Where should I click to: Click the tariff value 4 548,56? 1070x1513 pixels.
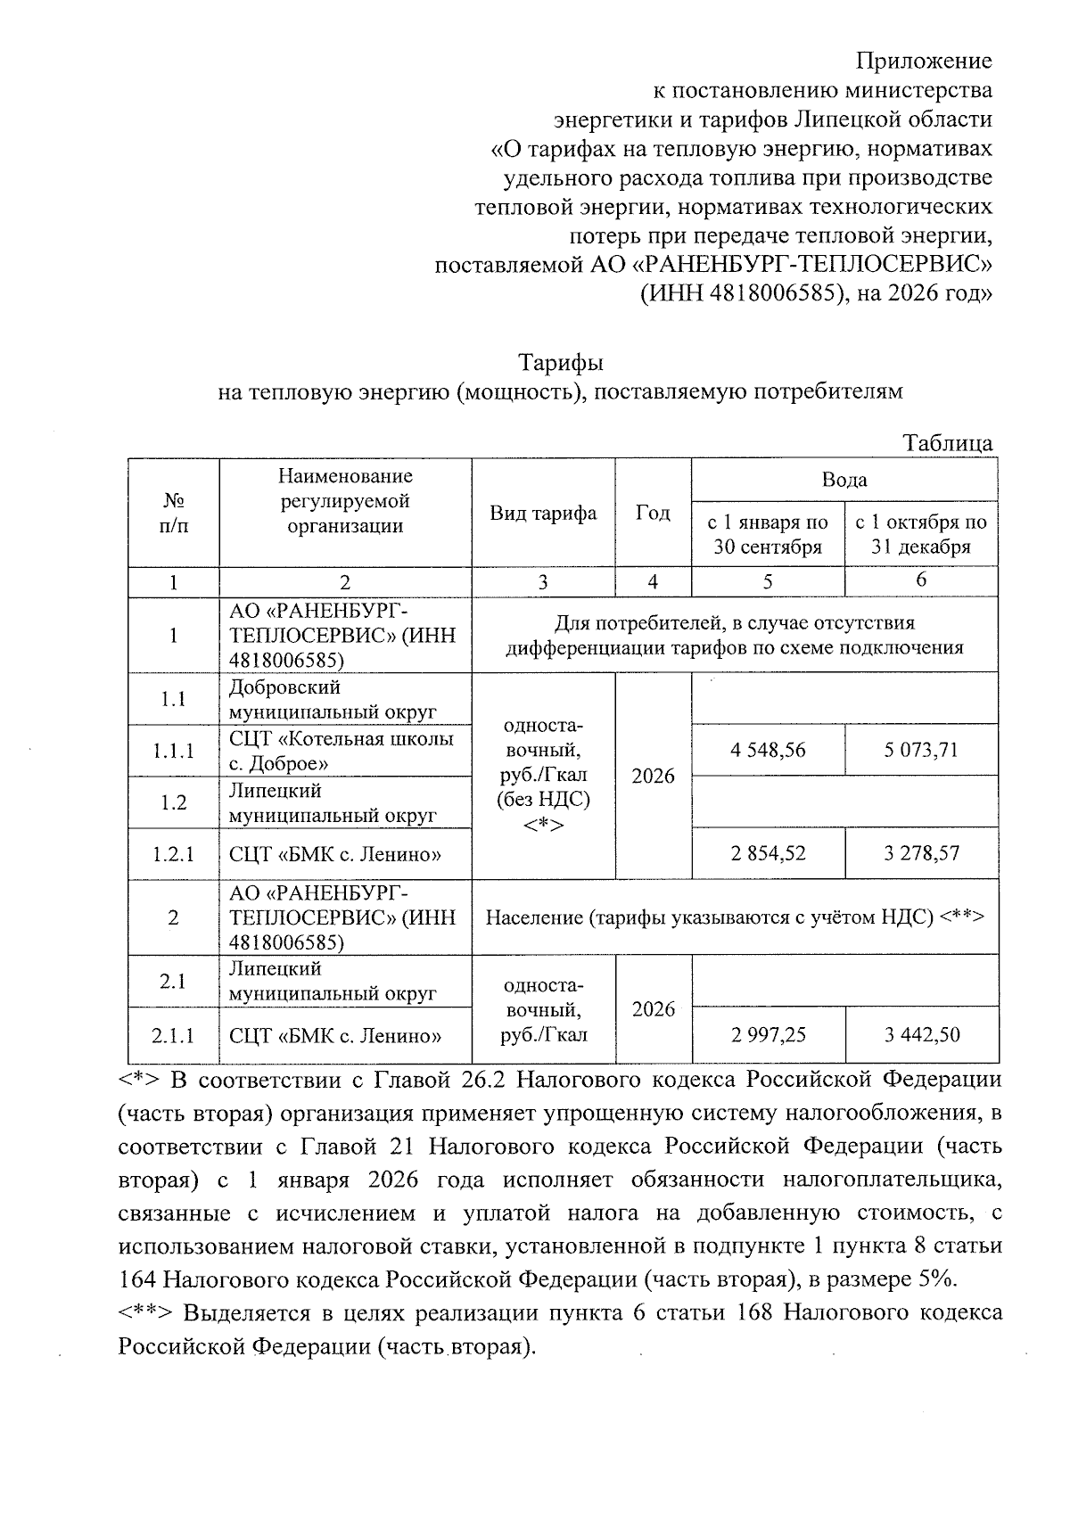pyautogui.click(x=768, y=750)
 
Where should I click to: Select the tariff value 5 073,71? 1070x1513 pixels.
pyautogui.click(x=921, y=750)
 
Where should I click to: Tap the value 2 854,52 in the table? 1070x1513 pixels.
pyautogui.click(x=768, y=853)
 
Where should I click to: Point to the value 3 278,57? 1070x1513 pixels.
pyautogui.click(x=921, y=853)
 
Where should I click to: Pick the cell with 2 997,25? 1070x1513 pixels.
pyautogui.click(x=768, y=1034)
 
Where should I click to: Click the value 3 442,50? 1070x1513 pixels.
pyautogui.click(x=921, y=1034)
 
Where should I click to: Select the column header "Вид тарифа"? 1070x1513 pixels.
pyautogui.click(x=542, y=513)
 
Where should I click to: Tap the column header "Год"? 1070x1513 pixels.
pyautogui.click(x=653, y=513)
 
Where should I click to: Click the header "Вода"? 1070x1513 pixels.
pyautogui.click(x=844, y=480)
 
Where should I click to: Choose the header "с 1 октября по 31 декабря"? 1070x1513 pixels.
pyautogui.click(x=921, y=534)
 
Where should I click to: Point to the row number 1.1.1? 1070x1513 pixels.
pyautogui.click(x=173, y=751)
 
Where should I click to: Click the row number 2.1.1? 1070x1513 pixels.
pyautogui.click(x=173, y=1035)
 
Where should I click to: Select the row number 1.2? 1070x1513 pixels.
pyautogui.click(x=173, y=802)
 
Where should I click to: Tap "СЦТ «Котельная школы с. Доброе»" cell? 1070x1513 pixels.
pyautogui.click(x=341, y=751)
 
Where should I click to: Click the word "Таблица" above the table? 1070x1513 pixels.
pyautogui.click(x=947, y=443)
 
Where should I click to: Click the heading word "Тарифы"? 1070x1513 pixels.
pyautogui.click(x=561, y=363)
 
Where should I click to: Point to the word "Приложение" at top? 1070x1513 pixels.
pyautogui.click(x=924, y=61)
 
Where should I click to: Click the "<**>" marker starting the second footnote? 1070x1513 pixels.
pyautogui.click(x=147, y=1313)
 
